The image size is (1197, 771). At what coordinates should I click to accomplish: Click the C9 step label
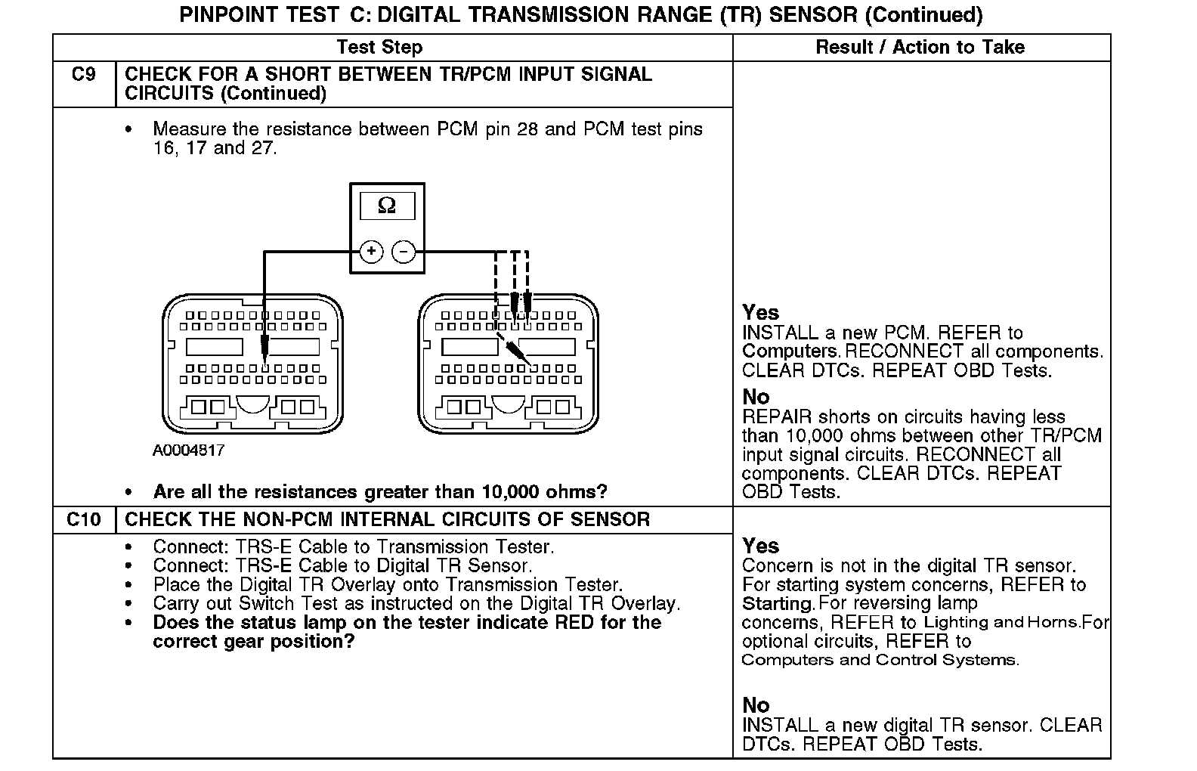pos(83,75)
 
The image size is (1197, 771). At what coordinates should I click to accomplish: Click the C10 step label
pos(83,520)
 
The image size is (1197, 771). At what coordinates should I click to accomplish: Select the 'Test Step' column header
pos(379,47)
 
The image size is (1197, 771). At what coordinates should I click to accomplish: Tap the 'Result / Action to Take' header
pos(920,47)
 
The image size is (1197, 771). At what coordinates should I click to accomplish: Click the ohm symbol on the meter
pos(386,206)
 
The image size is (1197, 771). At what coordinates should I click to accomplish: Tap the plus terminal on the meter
pos(371,252)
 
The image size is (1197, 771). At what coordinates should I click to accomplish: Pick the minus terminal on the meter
pos(404,252)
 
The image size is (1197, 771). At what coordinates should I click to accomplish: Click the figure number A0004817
pos(189,451)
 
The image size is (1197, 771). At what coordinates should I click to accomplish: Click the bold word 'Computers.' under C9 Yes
pos(790,351)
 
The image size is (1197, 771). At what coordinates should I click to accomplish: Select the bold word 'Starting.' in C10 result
pos(778,604)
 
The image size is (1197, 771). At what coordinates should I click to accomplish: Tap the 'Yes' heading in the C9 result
pos(760,312)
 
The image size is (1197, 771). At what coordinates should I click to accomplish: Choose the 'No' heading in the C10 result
pos(756,705)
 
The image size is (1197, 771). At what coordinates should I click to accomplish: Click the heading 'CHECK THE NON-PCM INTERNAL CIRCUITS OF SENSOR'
pos(387,520)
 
